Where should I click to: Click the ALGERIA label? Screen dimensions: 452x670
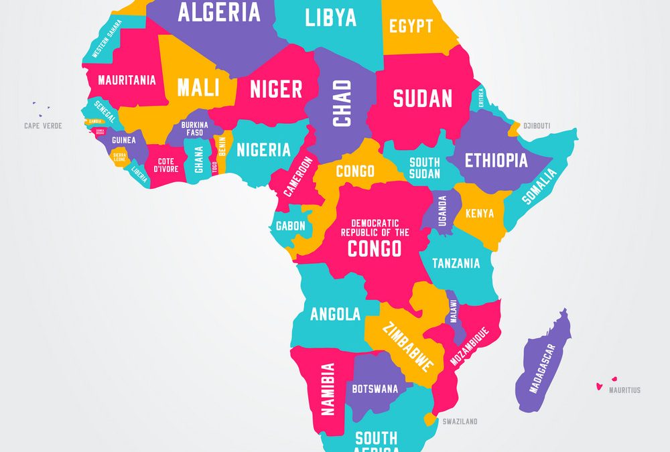(x=209, y=12)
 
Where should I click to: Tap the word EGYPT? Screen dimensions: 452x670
(x=411, y=26)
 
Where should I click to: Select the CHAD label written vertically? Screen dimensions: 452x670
(x=342, y=103)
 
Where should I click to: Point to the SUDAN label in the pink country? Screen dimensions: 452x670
(x=423, y=98)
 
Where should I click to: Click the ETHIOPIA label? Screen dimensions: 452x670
(x=496, y=161)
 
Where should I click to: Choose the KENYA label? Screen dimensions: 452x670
(x=479, y=214)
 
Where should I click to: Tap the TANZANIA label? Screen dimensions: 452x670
(x=456, y=263)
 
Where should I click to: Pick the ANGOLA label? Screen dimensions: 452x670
(x=335, y=313)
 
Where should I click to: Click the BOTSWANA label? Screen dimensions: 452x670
(x=375, y=388)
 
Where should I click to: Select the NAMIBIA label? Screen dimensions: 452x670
(x=328, y=389)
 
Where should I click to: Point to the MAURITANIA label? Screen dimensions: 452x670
(x=127, y=80)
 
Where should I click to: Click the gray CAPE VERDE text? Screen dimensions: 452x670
(x=43, y=126)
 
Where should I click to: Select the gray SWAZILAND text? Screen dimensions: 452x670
(x=460, y=422)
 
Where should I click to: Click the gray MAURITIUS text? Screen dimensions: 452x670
(x=624, y=390)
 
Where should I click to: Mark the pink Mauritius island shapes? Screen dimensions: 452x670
(x=606, y=383)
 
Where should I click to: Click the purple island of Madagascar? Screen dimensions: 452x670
(x=544, y=362)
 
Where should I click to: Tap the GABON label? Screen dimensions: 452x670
(x=290, y=226)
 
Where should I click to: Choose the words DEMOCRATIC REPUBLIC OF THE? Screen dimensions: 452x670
(x=375, y=228)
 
